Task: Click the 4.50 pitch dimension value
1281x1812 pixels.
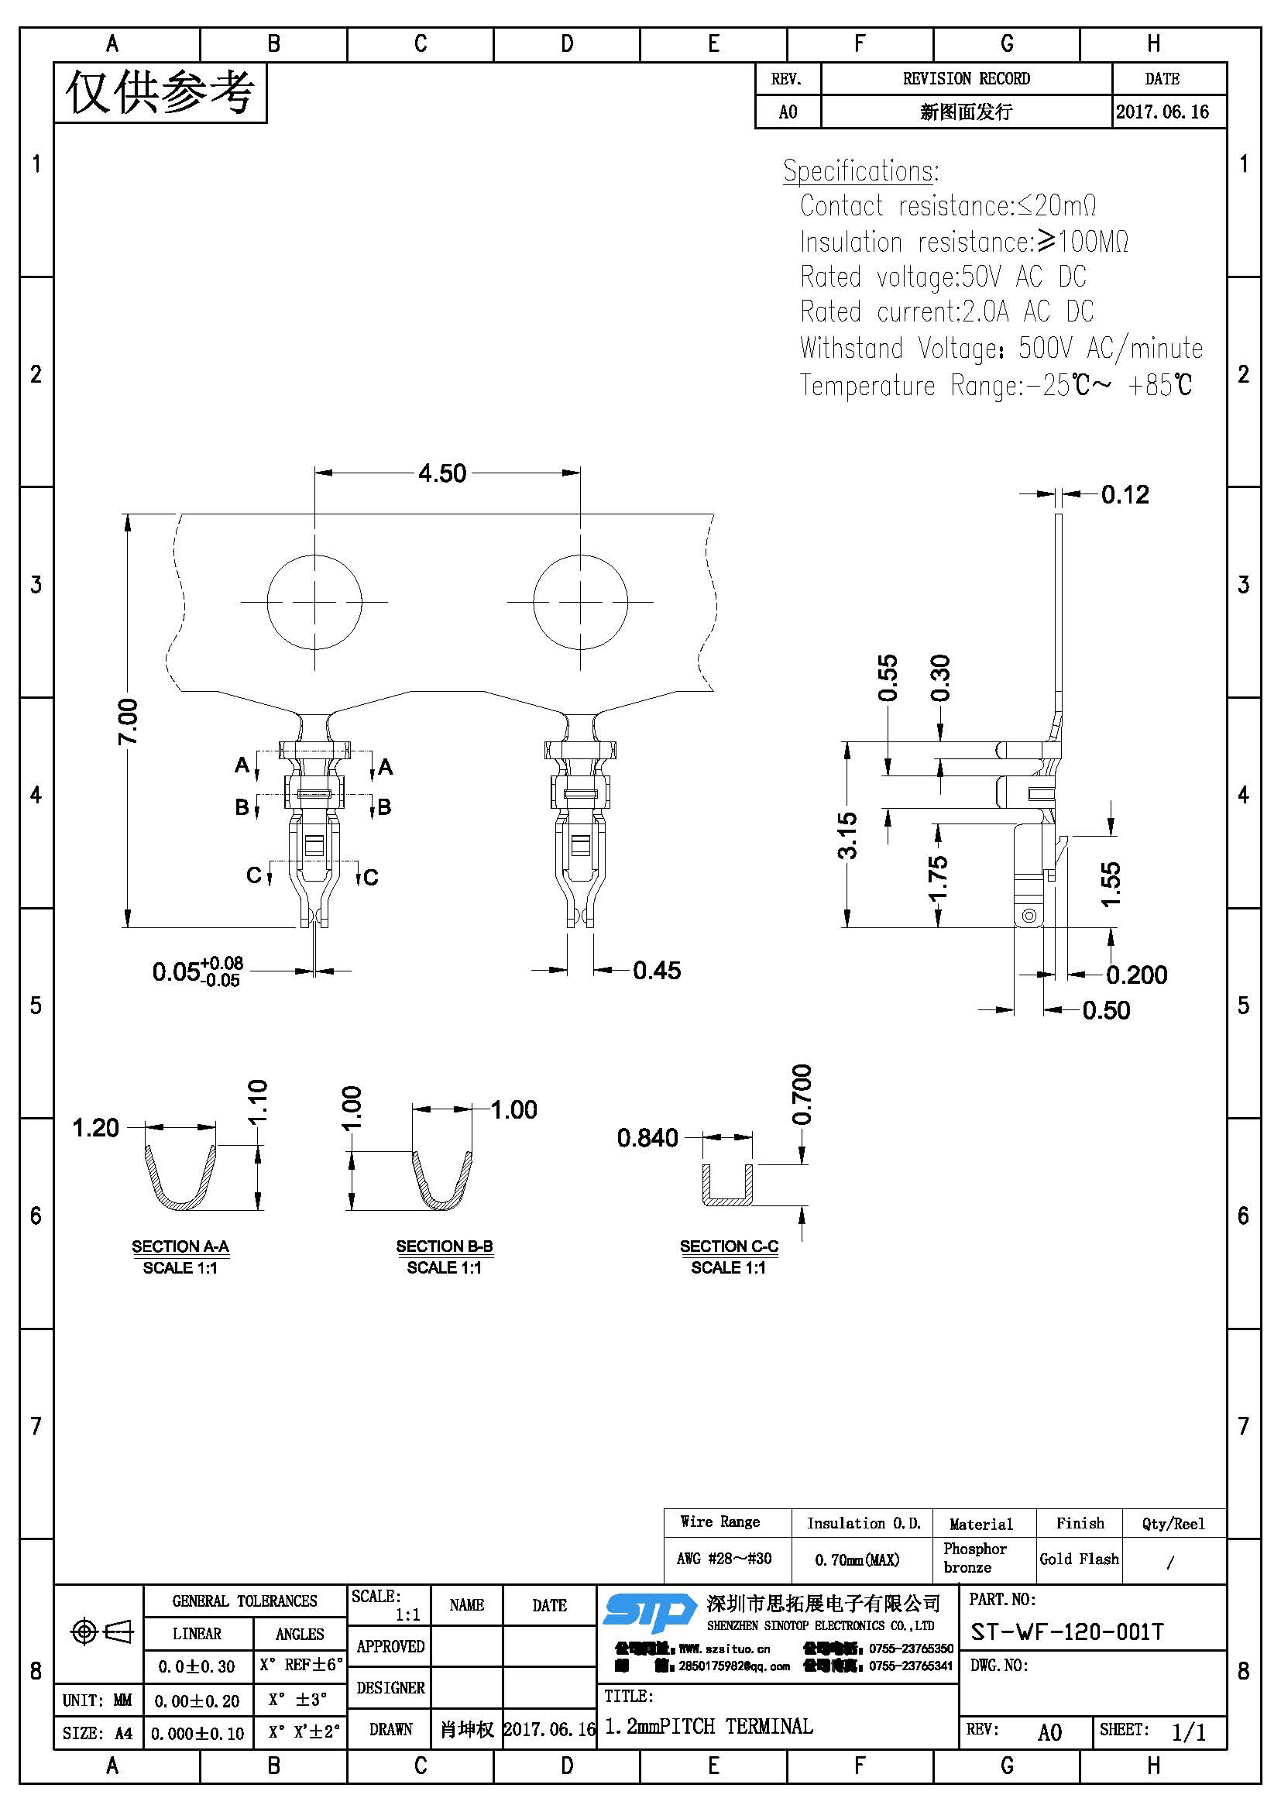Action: point(441,473)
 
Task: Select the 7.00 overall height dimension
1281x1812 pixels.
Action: point(128,720)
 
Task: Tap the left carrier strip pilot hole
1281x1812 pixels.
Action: point(314,602)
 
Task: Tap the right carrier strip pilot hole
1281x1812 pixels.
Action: point(581,602)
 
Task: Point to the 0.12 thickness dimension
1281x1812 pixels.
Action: point(1125,495)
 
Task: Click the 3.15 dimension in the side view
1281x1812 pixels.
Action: point(847,835)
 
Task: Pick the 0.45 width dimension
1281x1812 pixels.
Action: point(656,970)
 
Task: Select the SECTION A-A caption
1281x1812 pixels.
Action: point(180,1246)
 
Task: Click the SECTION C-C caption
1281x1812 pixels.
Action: point(729,1246)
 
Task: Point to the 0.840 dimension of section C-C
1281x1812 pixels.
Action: point(647,1137)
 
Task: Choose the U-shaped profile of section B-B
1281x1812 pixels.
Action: point(442,1181)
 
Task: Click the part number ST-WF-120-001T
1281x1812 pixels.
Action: point(1066,1631)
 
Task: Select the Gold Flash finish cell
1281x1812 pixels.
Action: point(1079,1559)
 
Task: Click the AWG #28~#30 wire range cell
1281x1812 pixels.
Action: point(724,1559)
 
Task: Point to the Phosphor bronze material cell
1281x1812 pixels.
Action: point(975,1558)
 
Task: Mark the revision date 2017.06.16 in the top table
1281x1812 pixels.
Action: point(1162,112)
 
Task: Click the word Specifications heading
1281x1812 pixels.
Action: point(860,170)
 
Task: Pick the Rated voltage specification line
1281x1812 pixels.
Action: point(943,277)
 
